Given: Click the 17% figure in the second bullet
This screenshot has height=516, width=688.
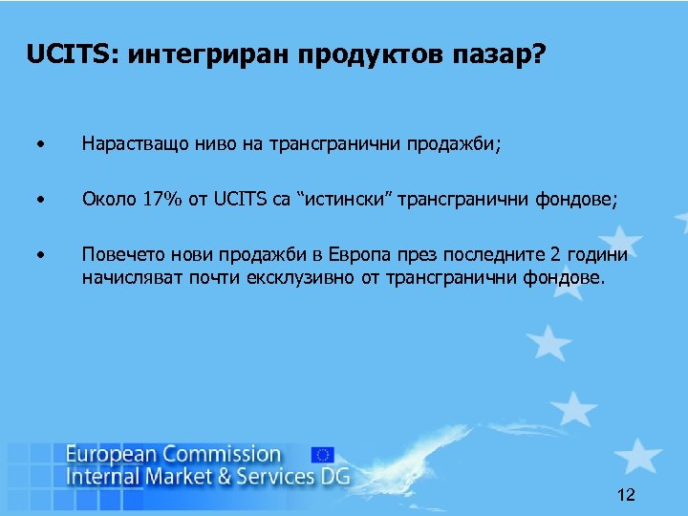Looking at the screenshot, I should pos(163,201).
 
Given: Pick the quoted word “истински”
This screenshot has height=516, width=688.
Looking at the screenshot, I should pos(344,201).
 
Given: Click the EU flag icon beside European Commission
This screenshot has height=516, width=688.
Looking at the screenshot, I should pos(323,454).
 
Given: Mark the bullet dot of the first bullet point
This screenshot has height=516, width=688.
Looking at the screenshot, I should pos(40,146).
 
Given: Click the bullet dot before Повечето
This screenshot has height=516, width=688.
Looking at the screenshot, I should pos(40,255).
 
